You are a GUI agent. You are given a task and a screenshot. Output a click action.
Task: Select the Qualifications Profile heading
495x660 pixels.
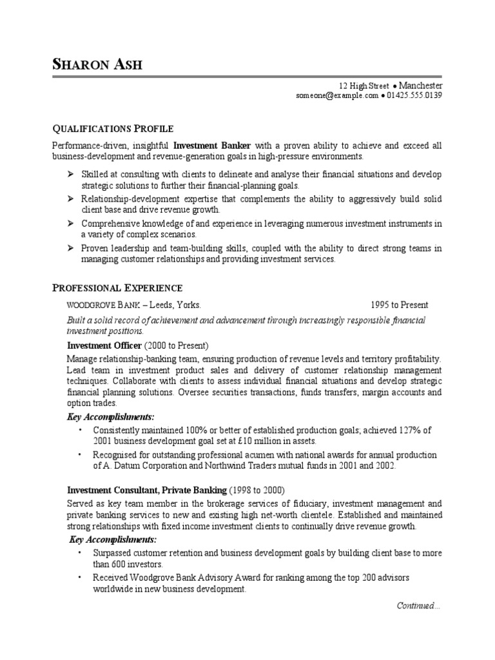click(113, 128)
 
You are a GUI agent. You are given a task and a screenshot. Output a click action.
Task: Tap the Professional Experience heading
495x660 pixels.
click(117, 288)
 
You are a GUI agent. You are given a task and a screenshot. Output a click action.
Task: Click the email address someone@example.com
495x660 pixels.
click(337, 96)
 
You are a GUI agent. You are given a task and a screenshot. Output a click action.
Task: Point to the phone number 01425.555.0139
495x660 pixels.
click(414, 96)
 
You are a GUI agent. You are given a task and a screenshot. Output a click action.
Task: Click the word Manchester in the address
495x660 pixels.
click(422, 86)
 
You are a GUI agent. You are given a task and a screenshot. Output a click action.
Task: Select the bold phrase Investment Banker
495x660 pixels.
click(213, 146)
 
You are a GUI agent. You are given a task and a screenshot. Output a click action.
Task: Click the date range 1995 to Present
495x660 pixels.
click(399, 305)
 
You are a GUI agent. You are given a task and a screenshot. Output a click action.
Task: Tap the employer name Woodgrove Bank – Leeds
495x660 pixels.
click(133, 305)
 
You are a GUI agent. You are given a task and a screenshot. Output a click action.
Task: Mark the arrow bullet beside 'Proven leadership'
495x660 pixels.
click(70, 248)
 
